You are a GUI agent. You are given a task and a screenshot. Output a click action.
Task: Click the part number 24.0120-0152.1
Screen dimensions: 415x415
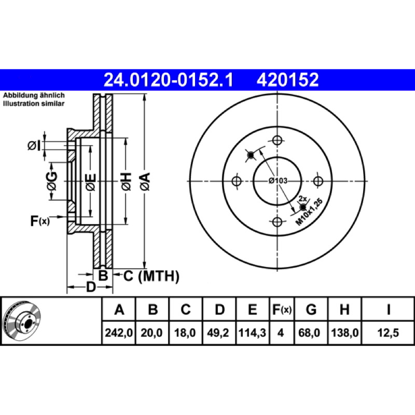(168, 80)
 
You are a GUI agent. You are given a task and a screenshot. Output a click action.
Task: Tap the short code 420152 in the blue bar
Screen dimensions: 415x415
(287, 80)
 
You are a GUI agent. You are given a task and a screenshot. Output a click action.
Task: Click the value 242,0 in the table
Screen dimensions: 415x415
(119, 333)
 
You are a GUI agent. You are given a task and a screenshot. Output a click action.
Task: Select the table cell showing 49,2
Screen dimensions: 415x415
(218, 333)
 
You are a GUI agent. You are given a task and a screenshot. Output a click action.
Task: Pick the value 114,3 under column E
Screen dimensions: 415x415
(252, 333)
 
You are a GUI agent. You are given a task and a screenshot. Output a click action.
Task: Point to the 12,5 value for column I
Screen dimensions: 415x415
(388, 333)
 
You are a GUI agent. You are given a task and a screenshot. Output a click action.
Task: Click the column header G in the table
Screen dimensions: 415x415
(311, 309)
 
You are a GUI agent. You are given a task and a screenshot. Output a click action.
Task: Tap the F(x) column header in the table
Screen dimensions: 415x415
(282, 309)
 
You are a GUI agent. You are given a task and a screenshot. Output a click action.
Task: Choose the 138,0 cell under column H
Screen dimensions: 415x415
(344, 333)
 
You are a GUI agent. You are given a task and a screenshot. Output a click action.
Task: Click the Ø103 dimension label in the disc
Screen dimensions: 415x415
(278, 181)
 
